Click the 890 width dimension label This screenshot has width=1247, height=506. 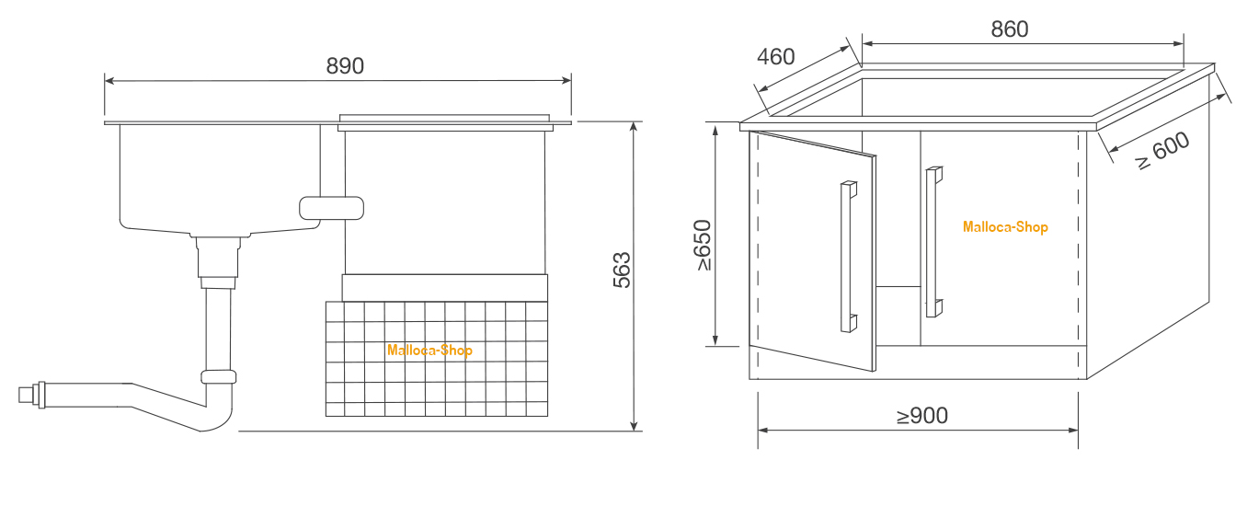click(x=345, y=66)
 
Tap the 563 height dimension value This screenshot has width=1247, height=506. click(x=622, y=270)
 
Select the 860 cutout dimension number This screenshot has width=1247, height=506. click(x=1010, y=29)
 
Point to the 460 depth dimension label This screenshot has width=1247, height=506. click(x=776, y=57)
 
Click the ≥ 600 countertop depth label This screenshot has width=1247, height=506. click(x=1161, y=150)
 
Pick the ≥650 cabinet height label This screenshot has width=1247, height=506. click(x=704, y=245)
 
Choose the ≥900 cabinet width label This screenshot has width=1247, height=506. click(x=922, y=416)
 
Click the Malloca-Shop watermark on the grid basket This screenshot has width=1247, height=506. click(x=429, y=351)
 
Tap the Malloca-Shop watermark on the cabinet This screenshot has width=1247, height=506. click(x=1005, y=227)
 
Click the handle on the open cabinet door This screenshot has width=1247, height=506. click(x=848, y=257)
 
